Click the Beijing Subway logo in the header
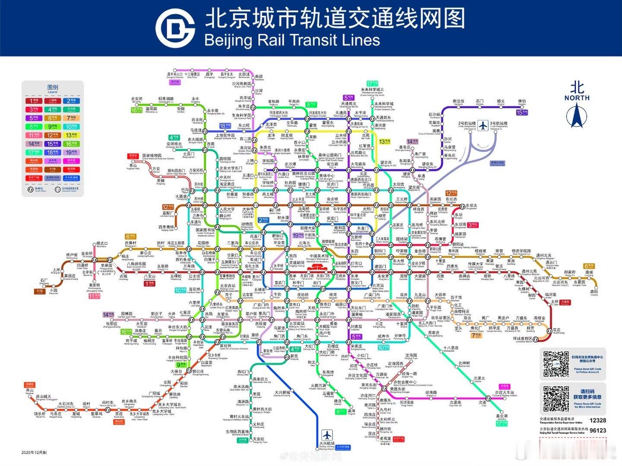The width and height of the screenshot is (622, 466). coord(175,28)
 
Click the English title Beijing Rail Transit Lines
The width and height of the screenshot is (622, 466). coord(292,40)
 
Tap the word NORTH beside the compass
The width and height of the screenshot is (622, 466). coord(577,98)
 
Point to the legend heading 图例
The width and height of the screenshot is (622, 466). coord(52,88)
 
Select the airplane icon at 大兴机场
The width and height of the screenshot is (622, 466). coord(327,434)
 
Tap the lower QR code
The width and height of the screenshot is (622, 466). coord(556,397)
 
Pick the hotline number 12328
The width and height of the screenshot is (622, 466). coord(597,420)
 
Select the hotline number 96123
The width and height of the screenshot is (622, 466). coord(597,430)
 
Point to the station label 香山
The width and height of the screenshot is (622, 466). coord(133,165)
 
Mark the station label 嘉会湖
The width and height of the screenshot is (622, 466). coord(501,416)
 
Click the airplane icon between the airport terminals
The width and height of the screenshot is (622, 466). coord(483,126)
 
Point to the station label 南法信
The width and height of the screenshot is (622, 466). coord(458,101)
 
